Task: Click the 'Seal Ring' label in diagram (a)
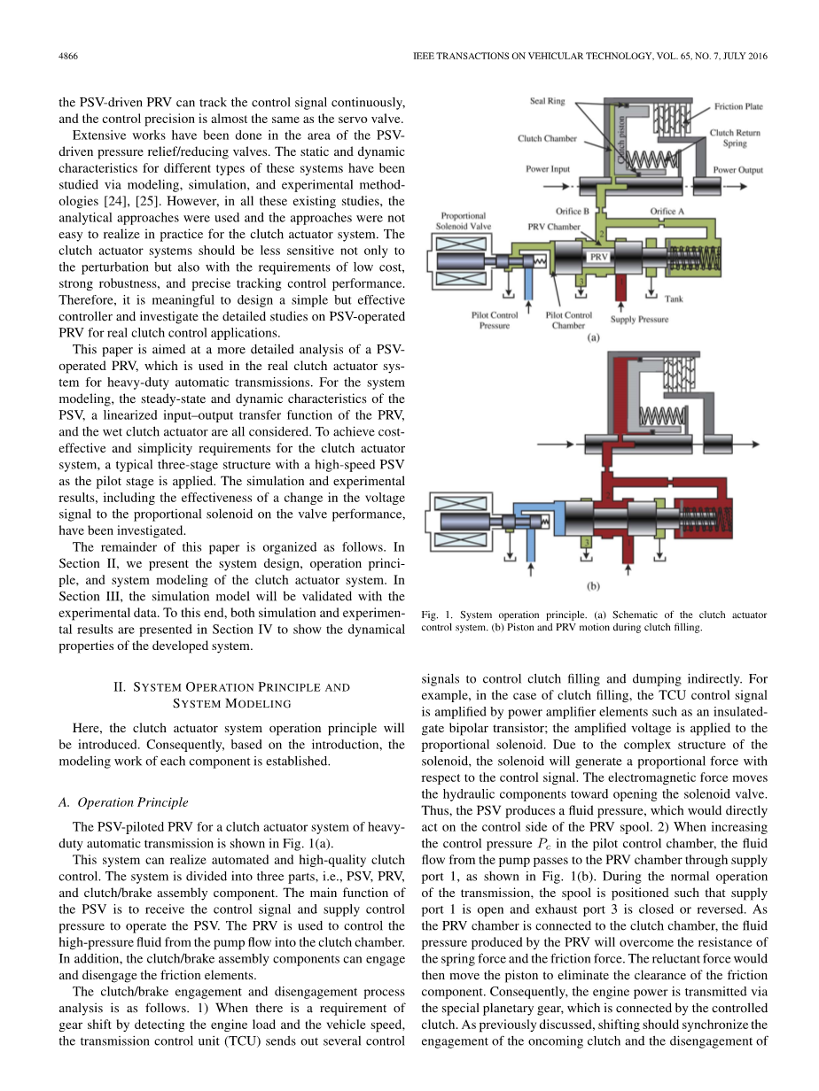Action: [x=547, y=102]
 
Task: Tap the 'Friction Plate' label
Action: [x=738, y=107]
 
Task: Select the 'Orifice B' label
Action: [x=573, y=212]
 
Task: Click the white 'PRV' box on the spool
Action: [x=599, y=256]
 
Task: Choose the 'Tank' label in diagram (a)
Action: [x=674, y=299]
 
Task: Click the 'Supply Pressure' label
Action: [x=639, y=319]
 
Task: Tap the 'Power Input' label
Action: [x=548, y=168]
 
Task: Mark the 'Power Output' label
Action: [x=737, y=170]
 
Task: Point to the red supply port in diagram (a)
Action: [x=620, y=288]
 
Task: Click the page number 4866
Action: [x=68, y=56]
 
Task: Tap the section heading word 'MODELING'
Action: [x=258, y=703]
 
